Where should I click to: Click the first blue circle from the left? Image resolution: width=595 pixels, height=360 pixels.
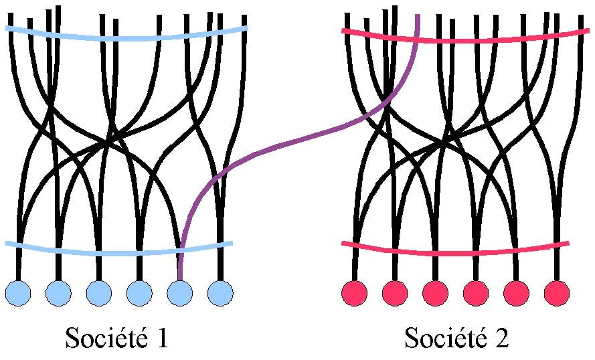[19, 292]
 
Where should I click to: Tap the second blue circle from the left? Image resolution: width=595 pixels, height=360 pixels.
[59, 292]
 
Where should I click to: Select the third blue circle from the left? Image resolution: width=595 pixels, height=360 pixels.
[99, 292]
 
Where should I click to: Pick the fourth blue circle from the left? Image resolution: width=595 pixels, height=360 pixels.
[139, 292]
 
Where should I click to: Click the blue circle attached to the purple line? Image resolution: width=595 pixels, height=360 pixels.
[179, 292]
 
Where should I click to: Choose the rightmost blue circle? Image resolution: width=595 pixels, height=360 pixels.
[220, 292]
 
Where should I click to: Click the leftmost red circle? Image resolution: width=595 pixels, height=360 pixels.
[355, 292]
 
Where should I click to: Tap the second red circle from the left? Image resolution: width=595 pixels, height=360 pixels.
[396, 292]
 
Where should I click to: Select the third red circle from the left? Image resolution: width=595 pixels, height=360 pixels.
[436, 292]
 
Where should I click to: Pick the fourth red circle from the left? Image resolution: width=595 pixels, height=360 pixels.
[476, 292]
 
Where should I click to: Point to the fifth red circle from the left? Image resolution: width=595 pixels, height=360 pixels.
[516, 292]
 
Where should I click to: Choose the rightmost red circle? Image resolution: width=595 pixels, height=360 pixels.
[556, 292]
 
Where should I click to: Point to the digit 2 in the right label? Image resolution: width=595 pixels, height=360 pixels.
[501, 338]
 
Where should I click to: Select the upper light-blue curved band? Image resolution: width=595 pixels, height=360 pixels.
[127, 37]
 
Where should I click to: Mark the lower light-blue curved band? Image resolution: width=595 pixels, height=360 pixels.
[120, 253]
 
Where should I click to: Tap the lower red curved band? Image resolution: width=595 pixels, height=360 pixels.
[455, 253]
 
